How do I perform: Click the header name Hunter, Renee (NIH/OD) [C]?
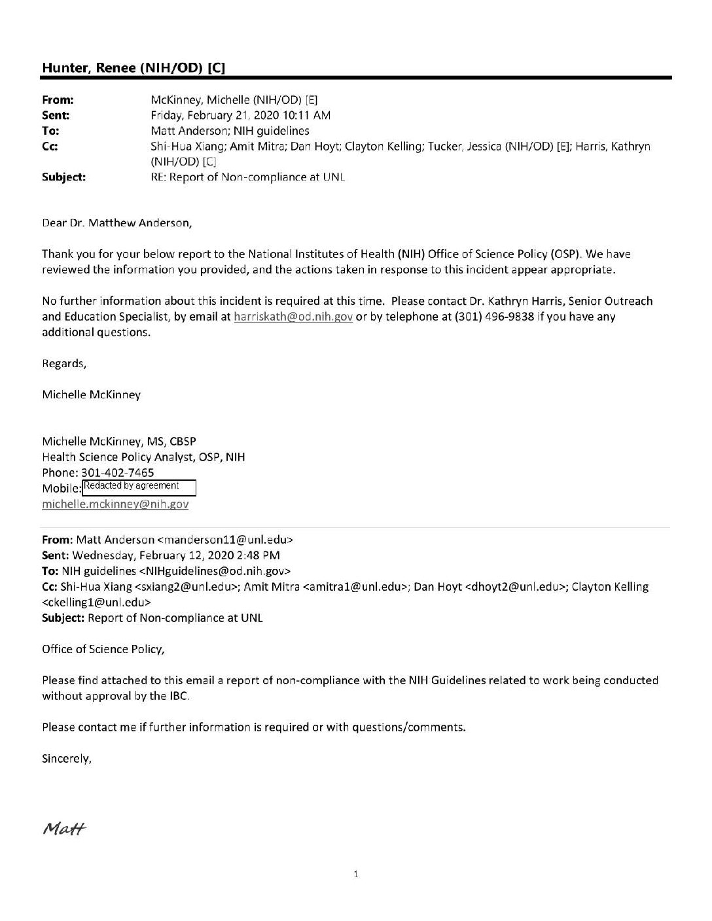pos(136,67)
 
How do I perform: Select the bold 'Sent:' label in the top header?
pos(56,115)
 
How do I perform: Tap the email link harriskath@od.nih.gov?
pos(293,317)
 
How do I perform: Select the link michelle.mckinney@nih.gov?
pos(115,504)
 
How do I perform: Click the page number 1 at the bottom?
pos(355,873)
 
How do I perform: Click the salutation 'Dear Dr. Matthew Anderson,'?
pos(117,222)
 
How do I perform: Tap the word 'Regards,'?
pos(64,363)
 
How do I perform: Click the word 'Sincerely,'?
pos(67,759)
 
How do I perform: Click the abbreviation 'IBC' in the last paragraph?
pos(177,696)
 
